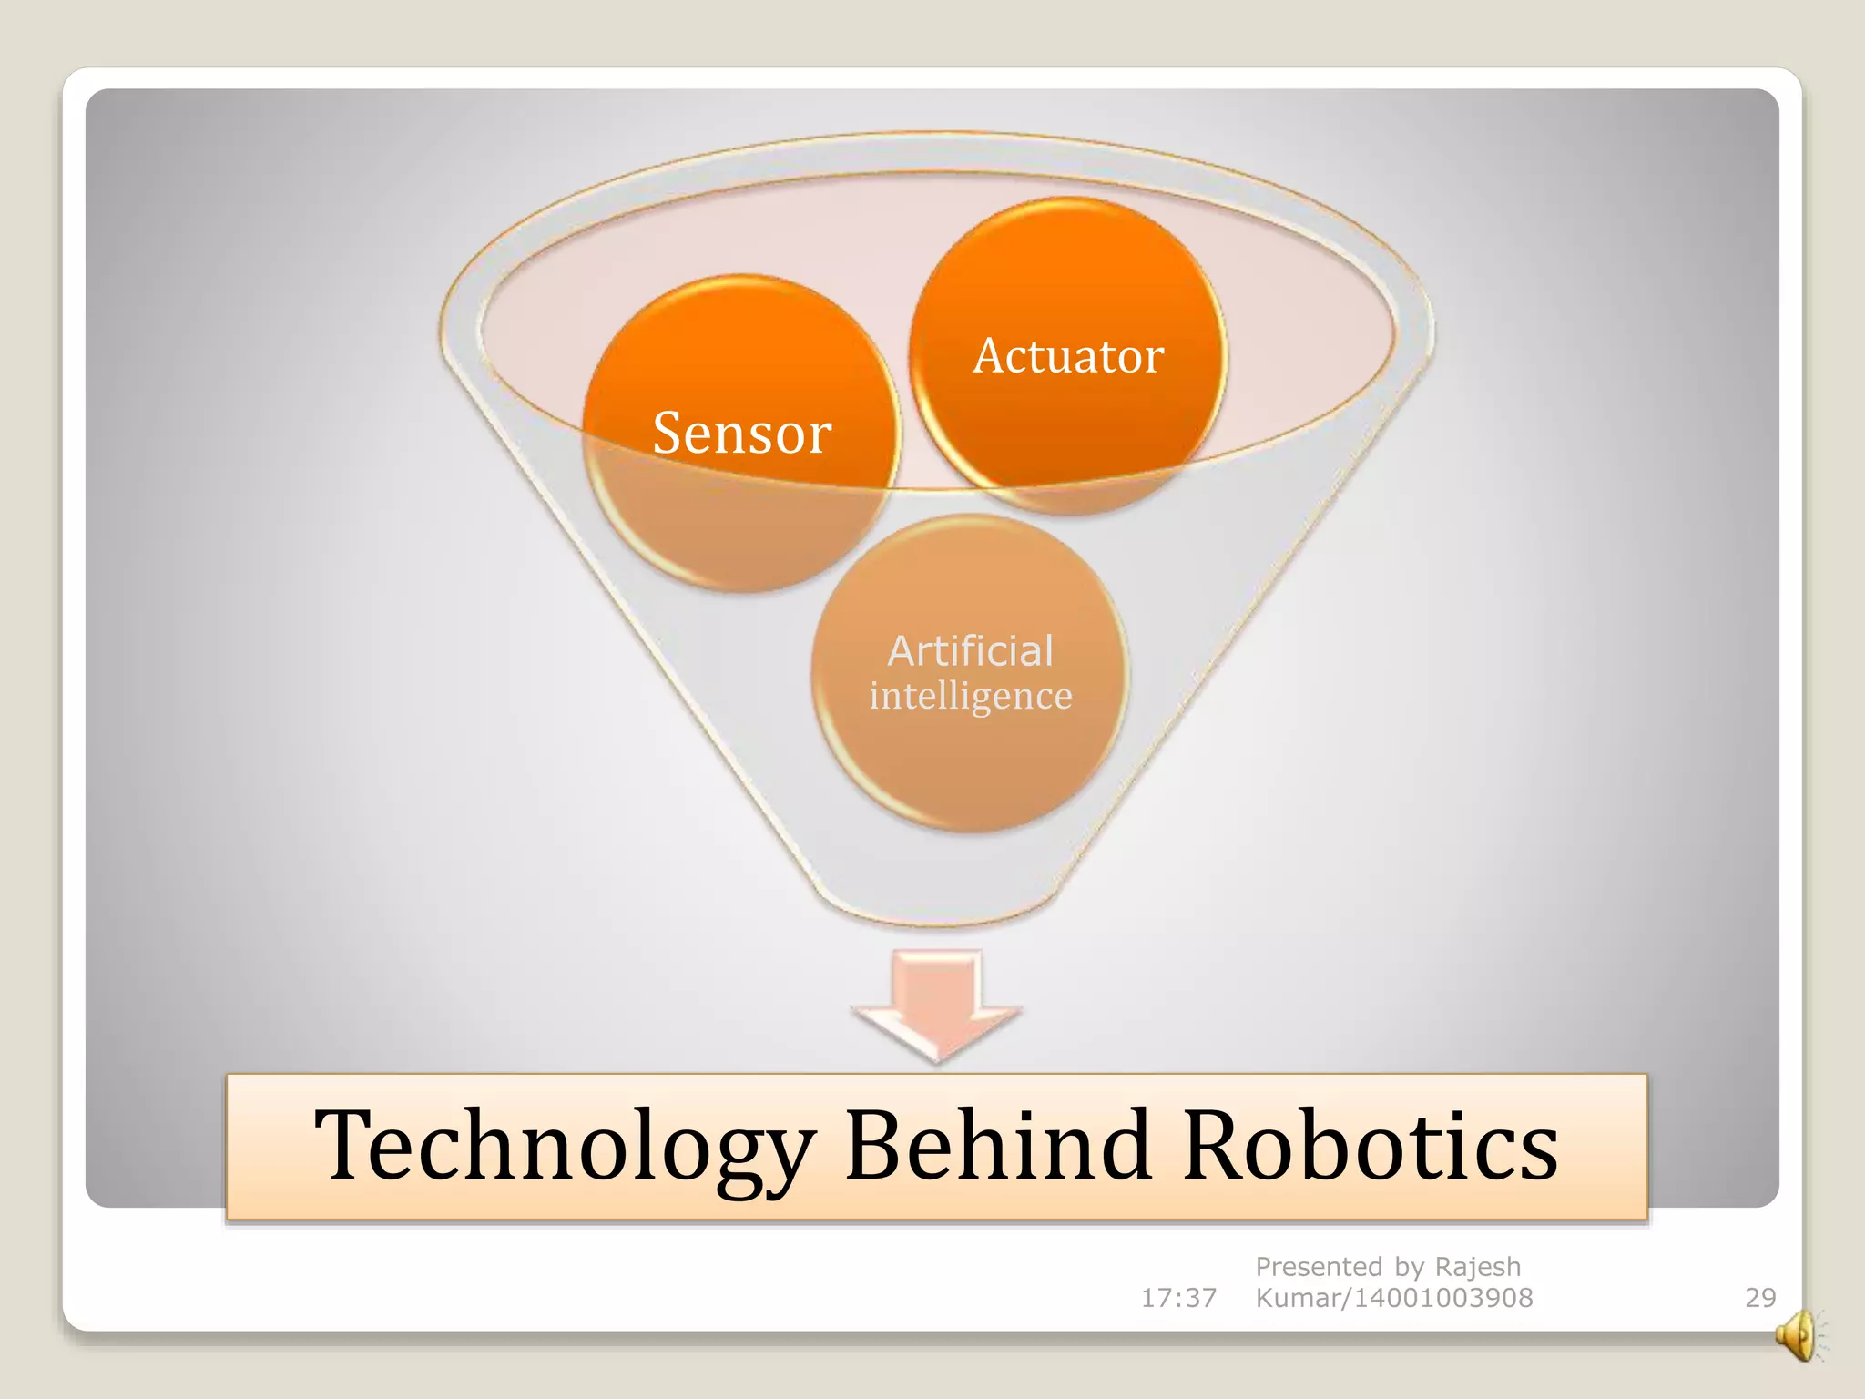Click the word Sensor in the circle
click(x=742, y=433)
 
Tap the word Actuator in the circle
click(x=1068, y=355)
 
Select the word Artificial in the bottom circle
click(x=970, y=651)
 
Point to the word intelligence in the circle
click(x=970, y=696)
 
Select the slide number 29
click(x=1760, y=1298)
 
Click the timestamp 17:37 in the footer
click(x=1178, y=1298)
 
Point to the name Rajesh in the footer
click(x=1477, y=1267)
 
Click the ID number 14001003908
click(x=1443, y=1298)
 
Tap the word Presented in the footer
click(x=1319, y=1267)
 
